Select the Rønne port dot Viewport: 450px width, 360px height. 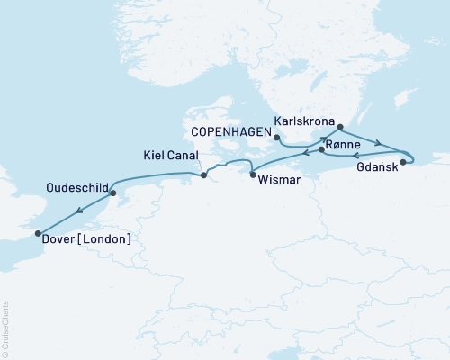click(321, 151)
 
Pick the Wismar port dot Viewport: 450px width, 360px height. click(252, 174)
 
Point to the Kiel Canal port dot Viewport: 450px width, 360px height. click(203, 175)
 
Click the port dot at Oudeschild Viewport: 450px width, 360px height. click(112, 193)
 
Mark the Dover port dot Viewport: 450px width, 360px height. click(38, 234)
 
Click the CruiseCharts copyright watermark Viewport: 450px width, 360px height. click(6, 328)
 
